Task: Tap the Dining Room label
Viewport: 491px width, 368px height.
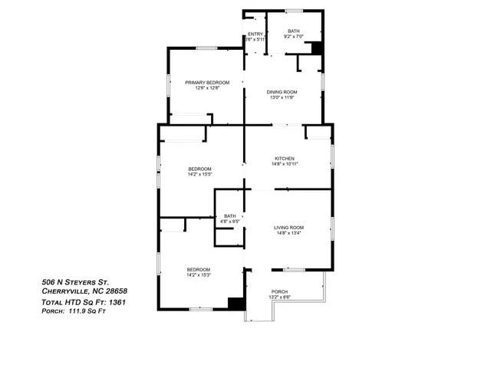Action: pos(282,92)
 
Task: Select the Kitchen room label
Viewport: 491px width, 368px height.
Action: pos(285,159)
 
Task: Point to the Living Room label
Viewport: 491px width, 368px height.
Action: pos(289,228)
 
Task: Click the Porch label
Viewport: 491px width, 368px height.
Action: pos(279,291)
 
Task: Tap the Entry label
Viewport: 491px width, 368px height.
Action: pos(255,34)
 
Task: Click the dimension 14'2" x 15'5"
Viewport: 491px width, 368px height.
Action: pos(199,174)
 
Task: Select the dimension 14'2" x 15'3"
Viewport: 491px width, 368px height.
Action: pos(199,274)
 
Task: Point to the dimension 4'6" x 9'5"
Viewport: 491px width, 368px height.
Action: pos(230,222)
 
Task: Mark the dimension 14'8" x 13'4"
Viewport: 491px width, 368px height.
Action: pos(289,234)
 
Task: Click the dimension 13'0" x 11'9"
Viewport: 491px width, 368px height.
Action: pos(282,97)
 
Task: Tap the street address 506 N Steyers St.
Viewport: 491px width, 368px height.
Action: pos(78,281)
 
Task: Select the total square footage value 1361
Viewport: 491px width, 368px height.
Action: pos(116,302)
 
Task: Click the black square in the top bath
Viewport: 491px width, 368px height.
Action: pos(315,48)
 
